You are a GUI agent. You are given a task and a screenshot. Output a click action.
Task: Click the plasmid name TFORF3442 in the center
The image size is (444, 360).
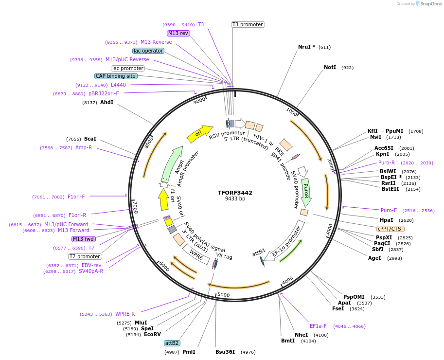coord(235,193)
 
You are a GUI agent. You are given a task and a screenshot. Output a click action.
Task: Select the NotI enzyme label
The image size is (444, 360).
coord(330,67)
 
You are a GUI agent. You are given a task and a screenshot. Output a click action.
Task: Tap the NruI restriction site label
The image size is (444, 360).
coord(306,47)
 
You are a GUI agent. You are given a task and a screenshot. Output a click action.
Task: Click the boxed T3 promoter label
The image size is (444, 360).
coord(248,24)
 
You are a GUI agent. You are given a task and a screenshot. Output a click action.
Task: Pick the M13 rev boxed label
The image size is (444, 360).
coord(178,33)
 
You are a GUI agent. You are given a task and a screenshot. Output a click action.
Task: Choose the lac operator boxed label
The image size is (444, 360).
coord(148,51)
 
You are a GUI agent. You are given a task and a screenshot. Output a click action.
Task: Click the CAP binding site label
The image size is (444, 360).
coord(116,76)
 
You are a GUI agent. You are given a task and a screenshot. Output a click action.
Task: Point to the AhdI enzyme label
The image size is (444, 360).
coord(107,103)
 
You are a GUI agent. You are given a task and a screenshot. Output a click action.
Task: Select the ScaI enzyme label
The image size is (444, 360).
coord(90,139)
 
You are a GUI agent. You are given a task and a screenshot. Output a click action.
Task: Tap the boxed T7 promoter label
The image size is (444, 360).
coord(85,256)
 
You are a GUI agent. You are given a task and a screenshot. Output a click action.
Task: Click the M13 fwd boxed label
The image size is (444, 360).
coord(84,239)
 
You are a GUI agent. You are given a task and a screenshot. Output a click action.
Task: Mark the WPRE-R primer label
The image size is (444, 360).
coord(125,314)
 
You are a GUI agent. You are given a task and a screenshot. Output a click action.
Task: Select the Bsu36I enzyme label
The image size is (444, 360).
coord(225,352)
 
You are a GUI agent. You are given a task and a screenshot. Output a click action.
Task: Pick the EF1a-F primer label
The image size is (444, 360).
coord(318,326)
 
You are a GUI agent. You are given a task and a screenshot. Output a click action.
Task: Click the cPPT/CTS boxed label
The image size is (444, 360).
coord(390,229)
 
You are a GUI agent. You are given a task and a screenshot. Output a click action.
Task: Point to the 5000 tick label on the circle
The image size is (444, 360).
coord(224,295)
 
